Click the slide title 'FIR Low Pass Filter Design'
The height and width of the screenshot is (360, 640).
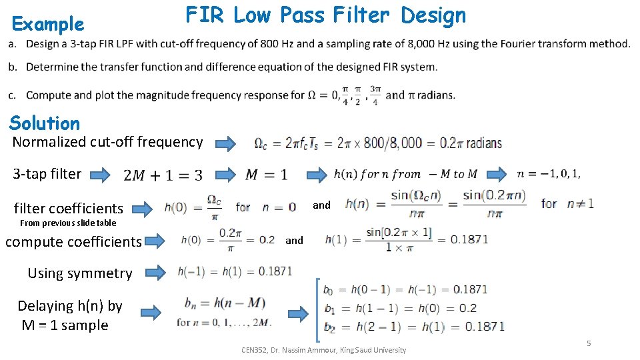326,15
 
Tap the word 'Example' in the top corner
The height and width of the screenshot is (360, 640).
48,25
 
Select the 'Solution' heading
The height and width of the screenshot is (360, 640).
45,123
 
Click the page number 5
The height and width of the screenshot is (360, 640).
589,343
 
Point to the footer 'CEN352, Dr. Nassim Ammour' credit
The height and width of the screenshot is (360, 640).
323,350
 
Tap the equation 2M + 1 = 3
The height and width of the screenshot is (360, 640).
163,175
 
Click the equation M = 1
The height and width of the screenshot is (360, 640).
267,175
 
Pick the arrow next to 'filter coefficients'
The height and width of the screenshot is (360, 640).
145,208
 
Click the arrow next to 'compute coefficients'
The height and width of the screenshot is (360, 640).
156,241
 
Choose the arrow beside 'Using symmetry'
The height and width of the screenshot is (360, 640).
155,272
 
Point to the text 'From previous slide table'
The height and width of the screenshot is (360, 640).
68,223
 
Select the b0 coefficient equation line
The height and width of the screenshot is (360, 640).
405,289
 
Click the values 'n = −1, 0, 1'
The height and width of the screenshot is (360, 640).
548,174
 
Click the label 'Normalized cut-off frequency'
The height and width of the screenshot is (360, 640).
107,141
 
